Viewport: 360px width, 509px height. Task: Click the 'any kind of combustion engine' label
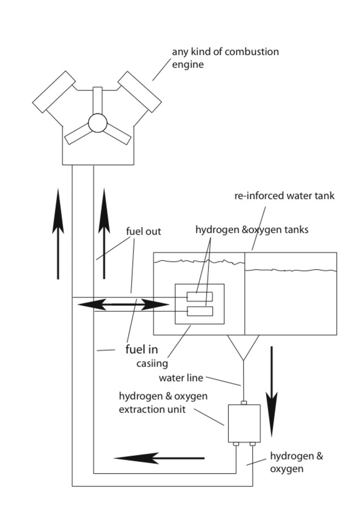(225, 58)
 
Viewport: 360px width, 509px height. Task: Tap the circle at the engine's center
(98, 123)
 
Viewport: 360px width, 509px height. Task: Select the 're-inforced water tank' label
(284, 196)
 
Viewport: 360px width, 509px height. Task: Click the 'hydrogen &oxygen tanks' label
(252, 230)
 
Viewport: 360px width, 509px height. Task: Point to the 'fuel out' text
(144, 232)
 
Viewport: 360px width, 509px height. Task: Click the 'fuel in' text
(142, 349)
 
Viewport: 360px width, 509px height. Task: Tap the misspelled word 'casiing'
(152, 363)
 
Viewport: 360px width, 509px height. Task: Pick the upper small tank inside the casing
(200, 296)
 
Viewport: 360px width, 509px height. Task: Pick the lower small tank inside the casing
(200, 311)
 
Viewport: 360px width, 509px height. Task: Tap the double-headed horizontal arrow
(123, 304)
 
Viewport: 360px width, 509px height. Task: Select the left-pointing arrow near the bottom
(159, 458)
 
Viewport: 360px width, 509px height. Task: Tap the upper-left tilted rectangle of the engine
(54, 92)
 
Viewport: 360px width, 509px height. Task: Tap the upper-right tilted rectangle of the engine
(139, 92)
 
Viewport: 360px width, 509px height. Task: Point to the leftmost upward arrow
(58, 233)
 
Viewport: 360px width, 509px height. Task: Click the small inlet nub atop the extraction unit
(244, 403)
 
